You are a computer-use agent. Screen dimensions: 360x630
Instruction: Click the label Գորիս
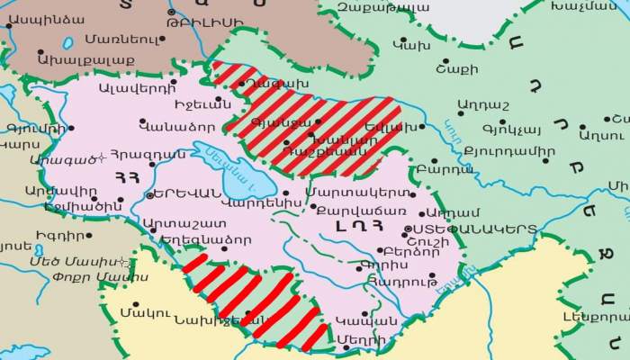pyautogui.click(x=377, y=265)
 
